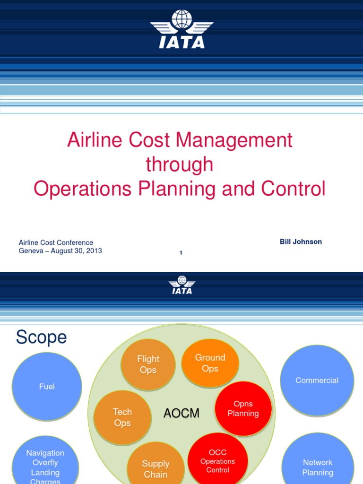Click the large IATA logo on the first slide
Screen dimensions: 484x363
pos(181,29)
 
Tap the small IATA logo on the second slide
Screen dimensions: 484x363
pos(181,285)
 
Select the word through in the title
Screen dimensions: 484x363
pos(180,164)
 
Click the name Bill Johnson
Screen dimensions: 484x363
pos(301,242)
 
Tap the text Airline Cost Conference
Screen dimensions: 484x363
pos(56,242)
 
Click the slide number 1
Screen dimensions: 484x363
pos(181,253)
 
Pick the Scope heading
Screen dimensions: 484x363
pos(41,337)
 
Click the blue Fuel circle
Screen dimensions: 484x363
pos(47,387)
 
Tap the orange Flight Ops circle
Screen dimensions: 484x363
pos(148,364)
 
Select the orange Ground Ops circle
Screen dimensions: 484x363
pos(210,363)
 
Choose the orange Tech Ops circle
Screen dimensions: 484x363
pos(122,417)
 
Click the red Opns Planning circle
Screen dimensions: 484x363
pos(243,409)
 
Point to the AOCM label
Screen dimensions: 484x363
pos(181,414)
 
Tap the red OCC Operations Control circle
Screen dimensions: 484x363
pos(218,461)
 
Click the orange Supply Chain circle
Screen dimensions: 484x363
pos(156,468)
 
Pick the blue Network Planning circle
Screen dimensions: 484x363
pos(318,467)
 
